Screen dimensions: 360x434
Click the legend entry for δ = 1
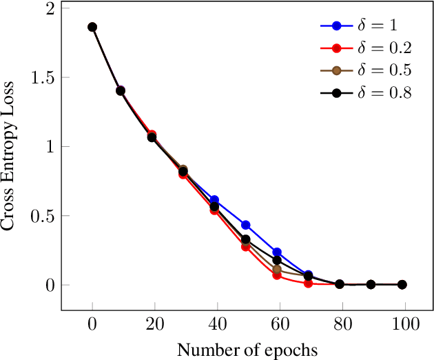[365, 26]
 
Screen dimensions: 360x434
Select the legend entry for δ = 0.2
[365, 48]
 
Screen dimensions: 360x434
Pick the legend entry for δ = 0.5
[365, 71]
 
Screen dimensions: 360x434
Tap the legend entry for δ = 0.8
[365, 93]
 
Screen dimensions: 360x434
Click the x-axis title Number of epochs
[248, 350]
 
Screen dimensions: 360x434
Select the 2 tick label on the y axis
[48, 8]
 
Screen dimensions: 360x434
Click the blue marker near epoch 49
[245, 225]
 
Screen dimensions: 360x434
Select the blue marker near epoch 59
[277, 252]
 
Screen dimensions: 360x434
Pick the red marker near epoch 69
[308, 283]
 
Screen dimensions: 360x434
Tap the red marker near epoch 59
[277, 274]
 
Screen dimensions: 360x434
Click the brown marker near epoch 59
[277, 269]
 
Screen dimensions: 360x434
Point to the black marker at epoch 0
[92, 27]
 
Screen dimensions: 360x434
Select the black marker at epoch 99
[402, 284]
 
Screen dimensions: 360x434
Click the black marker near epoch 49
[245, 239]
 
